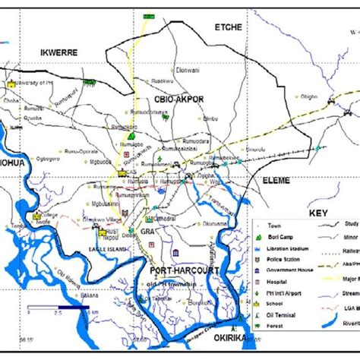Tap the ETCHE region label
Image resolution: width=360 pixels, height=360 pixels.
point(229,27)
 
